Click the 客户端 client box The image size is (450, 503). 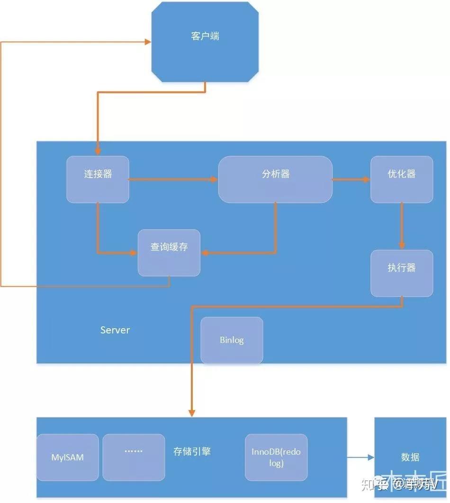[x=205, y=41]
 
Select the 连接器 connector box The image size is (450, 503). [x=98, y=179]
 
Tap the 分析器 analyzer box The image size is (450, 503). [x=275, y=179]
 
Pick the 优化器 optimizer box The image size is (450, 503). [x=402, y=179]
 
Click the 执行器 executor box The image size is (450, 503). [x=402, y=273]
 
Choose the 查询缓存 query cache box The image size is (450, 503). [x=169, y=252]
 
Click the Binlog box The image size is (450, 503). [x=232, y=340]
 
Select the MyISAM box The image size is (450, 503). [x=68, y=458]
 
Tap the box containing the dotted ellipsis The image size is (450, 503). [x=134, y=457]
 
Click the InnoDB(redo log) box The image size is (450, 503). [x=276, y=457]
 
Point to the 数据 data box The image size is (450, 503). [x=410, y=457]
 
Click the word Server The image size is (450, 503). [x=115, y=330]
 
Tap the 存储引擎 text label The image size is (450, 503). [x=192, y=451]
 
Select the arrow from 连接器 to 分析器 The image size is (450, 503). [x=173, y=180]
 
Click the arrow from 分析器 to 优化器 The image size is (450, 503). [x=351, y=180]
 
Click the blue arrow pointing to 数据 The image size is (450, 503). [x=360, y=458]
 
